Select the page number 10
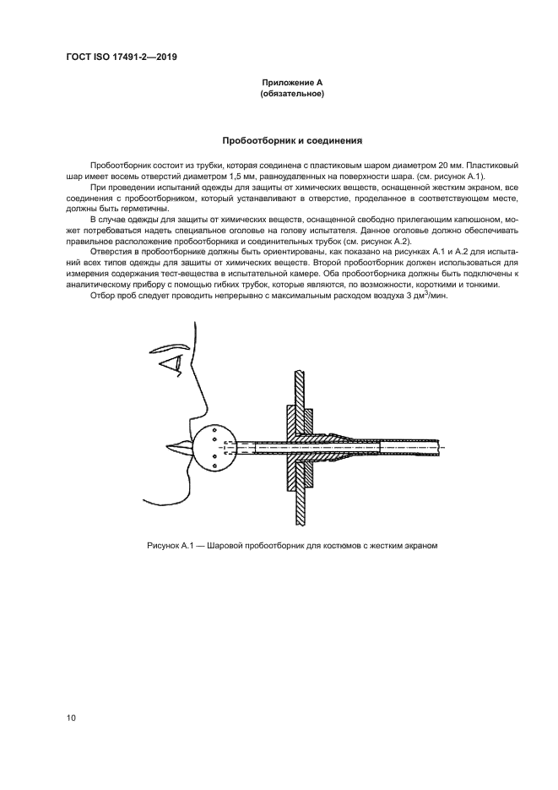(x=72, y=717)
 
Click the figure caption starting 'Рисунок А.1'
(x=291, y=545)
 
